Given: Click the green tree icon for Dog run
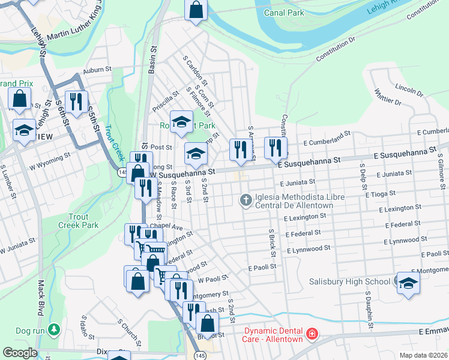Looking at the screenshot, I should click(54, 330).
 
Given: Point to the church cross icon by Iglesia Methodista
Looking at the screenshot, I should click(246, 200).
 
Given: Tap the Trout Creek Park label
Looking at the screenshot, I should click(78, 221).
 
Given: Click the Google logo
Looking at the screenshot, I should click(20, 353).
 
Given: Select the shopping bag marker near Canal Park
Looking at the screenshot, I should click(196, 10).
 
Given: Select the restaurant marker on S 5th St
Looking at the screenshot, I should click(76, 101).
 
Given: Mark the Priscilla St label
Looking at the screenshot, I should click(166, 101).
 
